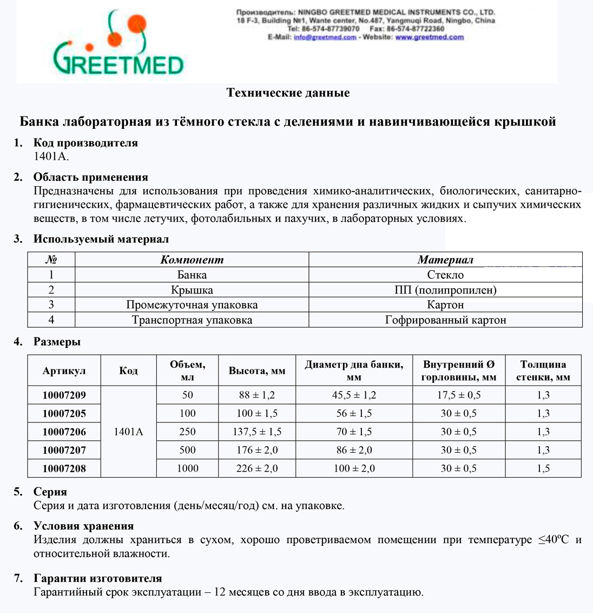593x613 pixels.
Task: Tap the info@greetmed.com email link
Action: click(x=325, y=37)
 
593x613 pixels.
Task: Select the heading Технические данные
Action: click(x=288, y=93)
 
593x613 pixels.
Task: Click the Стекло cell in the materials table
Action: click(x=445, y=275)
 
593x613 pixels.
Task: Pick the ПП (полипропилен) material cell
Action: click(x=445, y=290)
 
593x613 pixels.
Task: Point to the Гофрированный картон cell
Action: click(x=445, y=319)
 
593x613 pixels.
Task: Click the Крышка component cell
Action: click(x=192, y=290)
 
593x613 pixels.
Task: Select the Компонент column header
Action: click(x=192, y=260)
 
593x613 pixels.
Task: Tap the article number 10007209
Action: click(x=64, y=395)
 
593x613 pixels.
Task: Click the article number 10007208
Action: click(x=64, y=468)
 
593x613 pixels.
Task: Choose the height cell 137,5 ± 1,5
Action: click(x=257, y=432)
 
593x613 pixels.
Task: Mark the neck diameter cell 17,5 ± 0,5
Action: click(x=459, y=395)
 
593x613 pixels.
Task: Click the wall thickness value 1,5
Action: click(x=543, y=468)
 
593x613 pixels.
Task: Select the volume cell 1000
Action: click(x=187, y=468)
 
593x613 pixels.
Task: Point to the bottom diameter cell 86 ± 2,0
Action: click(x=354, y=450)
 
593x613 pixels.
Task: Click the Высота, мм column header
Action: click(x=257, y=371)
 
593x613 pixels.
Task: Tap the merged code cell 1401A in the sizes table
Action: click(x=128, y=432)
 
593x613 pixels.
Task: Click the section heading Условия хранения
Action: click(x=83, y=526)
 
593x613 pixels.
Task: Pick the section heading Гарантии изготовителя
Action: click(x=97, y=578)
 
